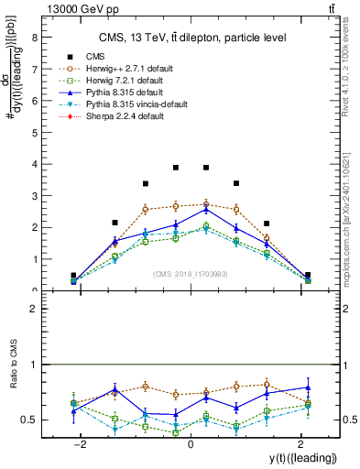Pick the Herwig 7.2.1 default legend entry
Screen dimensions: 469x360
[x=116, y=81]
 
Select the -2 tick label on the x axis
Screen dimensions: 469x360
[x=81, y=443]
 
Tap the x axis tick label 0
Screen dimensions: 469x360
[x=191, y=443]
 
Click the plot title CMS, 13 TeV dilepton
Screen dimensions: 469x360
[x=191, y=38]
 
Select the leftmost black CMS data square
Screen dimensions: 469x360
[x=73, y=275]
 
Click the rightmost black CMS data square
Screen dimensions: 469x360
[x=308, y=275]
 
